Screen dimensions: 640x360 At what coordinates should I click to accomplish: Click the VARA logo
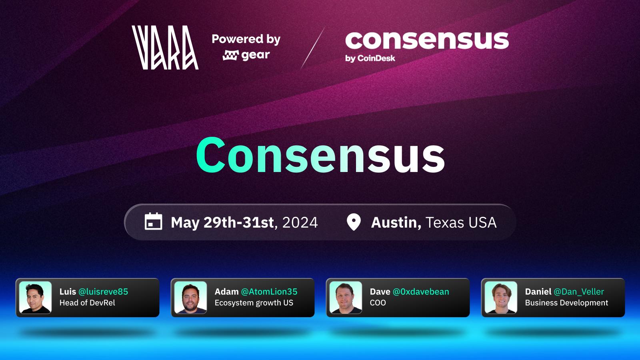(165, 48)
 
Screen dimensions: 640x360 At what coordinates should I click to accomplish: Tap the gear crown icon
(230, 56)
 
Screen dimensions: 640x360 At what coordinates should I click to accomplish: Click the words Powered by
(246, 39)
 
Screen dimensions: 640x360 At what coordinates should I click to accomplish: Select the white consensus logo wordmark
(427, 40)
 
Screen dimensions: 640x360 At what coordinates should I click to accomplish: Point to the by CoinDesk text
(370, 58)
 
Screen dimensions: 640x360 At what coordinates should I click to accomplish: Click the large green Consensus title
(320, 155)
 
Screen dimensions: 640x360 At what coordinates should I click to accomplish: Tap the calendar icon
(154, 222)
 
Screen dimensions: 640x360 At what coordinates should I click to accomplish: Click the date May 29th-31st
(222, 222)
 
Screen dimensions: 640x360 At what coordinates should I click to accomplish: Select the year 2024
(300, 222)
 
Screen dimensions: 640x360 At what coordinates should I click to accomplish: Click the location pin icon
(354, 222)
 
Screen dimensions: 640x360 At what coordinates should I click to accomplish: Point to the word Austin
(396, 222)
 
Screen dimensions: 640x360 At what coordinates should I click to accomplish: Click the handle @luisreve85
(103, 292)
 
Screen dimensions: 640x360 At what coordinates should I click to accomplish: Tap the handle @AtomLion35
(269, 292)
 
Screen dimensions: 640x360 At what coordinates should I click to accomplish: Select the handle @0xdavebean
(421, 292)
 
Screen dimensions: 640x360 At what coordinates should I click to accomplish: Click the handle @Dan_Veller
(579, 292)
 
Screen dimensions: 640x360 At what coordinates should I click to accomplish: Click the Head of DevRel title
(87, 303)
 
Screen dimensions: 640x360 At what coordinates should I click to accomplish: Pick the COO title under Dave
(378, 303)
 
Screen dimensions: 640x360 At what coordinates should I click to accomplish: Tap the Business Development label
(566, 303)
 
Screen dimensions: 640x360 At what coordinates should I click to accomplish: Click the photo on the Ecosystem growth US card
(190, 298)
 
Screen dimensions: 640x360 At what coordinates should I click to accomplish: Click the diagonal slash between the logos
(313, 48)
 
